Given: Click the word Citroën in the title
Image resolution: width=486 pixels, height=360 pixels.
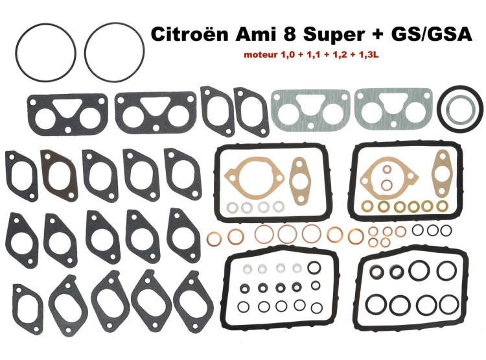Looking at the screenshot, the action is click(191, 34).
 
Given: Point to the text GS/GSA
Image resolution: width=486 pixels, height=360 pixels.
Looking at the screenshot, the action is click(432, 34).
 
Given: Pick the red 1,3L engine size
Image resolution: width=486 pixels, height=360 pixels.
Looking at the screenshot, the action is click(369, 55).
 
